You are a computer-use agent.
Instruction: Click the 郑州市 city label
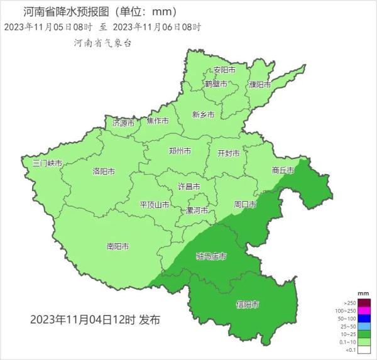(x=180, y=151)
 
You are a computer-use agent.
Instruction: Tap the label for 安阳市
(x=224, y=70)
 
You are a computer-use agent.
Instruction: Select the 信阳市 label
(x=247, y=304)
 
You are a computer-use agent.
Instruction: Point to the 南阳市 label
(x=118, y=246)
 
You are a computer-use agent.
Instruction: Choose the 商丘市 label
(x=283, y=170)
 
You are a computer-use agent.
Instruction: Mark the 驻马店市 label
(x=211, y=256)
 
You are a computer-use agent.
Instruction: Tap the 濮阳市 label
(x=259, y=84)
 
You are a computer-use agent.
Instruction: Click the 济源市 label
(x=123, y=123)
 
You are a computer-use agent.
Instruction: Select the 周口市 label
(x=245, y=205)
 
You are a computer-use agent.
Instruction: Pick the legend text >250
(x=350, y=303)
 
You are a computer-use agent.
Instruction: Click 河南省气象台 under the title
(x=103, y=43)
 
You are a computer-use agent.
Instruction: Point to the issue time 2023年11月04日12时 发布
(x=95, y=320)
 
